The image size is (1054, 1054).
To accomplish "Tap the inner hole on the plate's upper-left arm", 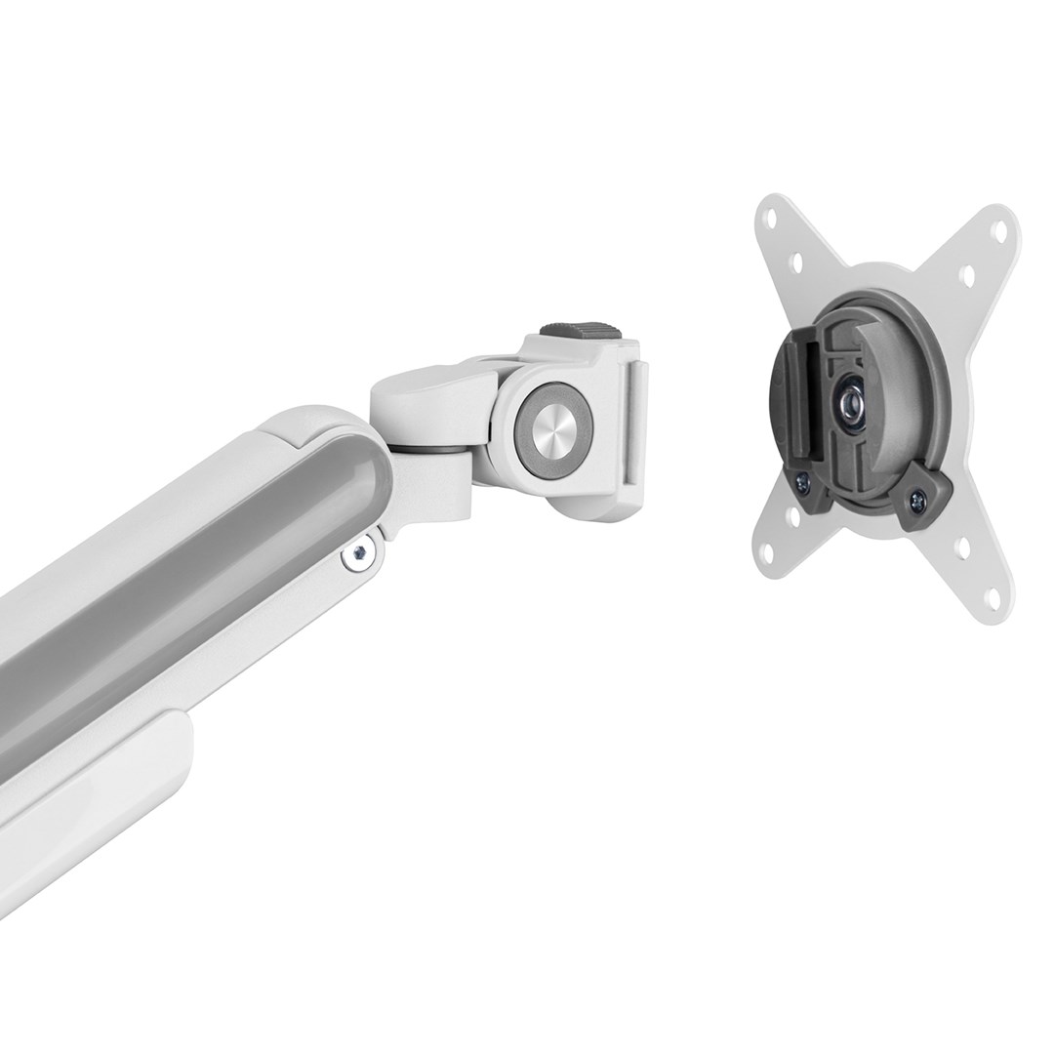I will [x=796, y=262].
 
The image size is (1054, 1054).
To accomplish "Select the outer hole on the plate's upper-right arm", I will [x=998, y=231].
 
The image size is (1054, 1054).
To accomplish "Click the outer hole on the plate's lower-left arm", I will [x=769, y=554].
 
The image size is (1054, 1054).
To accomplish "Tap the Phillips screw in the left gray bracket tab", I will [x=802, y=480].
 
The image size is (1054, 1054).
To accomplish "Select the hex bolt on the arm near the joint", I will [x=359, y=553].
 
